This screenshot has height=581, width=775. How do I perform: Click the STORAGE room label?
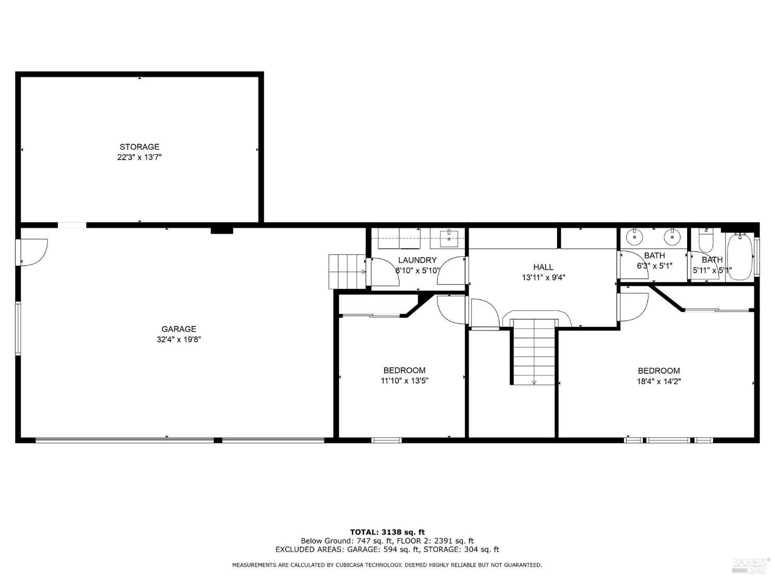[139, 147]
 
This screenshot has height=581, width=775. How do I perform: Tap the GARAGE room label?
[179, 329]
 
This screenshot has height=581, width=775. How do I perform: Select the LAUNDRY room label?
[417, 260]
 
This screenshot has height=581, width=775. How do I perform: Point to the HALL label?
[543, 267]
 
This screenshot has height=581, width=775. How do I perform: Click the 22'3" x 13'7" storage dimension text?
[139, 158]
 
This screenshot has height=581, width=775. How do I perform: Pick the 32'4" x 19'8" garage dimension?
[179, 340]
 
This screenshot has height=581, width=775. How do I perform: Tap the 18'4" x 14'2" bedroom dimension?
[659, 382]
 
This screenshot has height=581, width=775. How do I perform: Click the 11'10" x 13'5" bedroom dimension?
[405, 381]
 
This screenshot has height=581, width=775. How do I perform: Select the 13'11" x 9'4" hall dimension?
[543, 278]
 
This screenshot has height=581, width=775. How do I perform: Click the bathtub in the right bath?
[740, 257]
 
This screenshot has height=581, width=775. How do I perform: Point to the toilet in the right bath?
[706, 240]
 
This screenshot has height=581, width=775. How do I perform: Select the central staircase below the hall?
[534, 352]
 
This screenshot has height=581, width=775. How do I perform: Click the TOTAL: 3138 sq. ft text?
[387, 532]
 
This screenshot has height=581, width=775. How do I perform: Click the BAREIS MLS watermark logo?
[750, 565]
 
